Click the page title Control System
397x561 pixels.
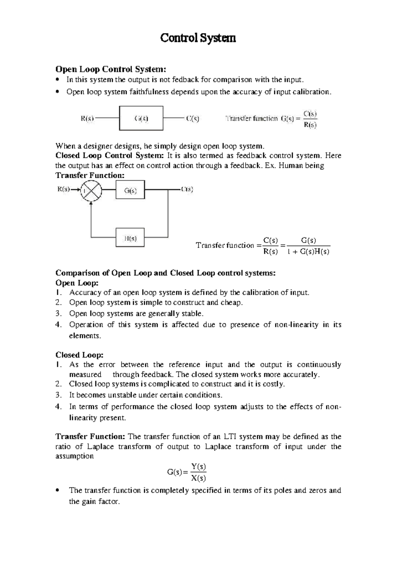coord(198,38)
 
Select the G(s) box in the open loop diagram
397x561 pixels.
coord(141,118)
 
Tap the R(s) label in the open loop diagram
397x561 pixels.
coord(87,118)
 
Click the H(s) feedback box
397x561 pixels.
coord(130,237)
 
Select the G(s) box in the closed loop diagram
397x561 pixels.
coord(130,190)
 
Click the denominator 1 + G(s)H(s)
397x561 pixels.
coord(308,252)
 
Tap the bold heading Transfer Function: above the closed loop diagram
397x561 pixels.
coord(90,176)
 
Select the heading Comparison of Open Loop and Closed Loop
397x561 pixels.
coord(165,273)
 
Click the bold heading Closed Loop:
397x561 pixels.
coord(79,355)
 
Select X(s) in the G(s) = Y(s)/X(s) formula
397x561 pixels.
coord(198,478)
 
